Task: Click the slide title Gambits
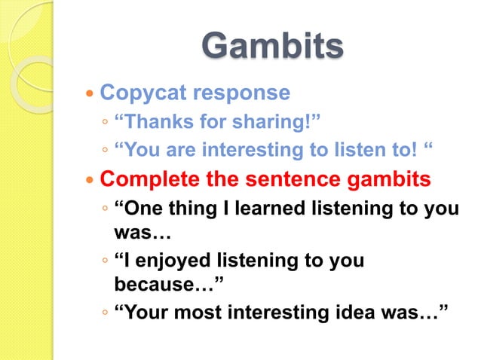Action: [272, 47]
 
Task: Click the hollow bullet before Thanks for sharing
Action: [107, 123]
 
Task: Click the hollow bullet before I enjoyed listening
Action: [107, 262]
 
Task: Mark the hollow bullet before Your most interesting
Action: [107, 314]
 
